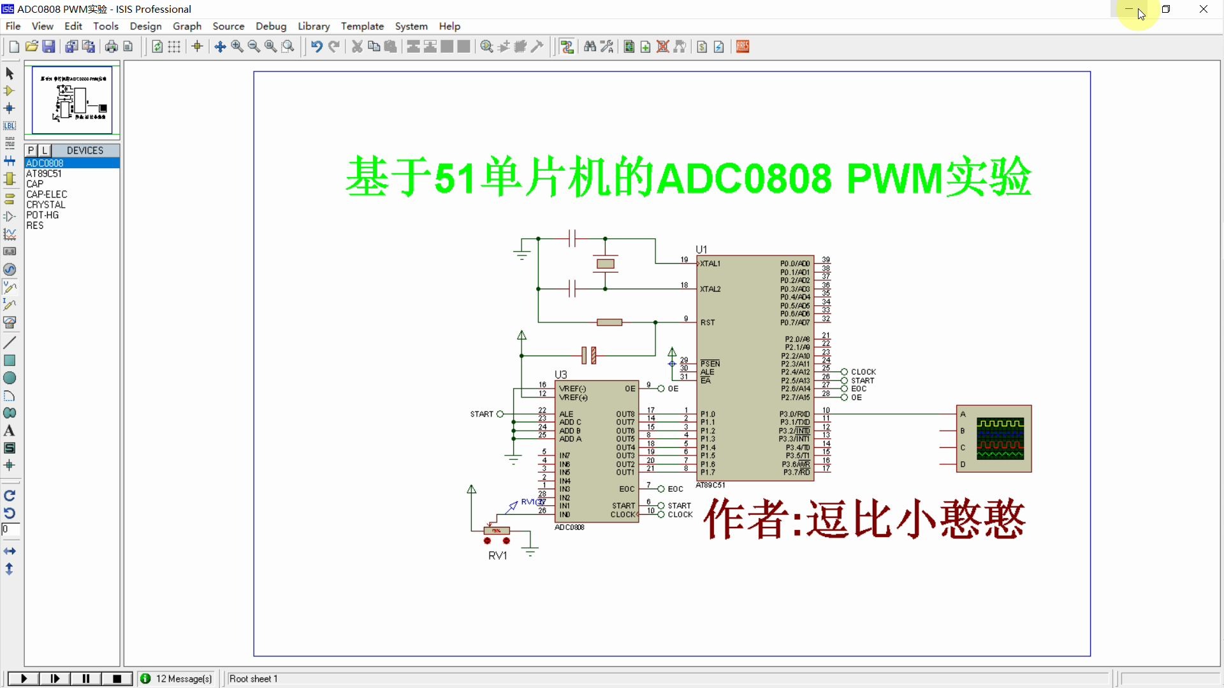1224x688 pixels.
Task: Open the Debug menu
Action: [271, 26]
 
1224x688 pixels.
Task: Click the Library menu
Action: [314, 26]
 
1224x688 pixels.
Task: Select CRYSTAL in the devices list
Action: [46, 204]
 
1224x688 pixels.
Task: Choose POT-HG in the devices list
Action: [43, 215]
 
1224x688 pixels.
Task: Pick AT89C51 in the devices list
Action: [44, 173]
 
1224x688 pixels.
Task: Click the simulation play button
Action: [24, 679]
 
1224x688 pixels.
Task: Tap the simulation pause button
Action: [86, 679]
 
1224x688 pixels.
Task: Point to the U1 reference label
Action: [701, 249]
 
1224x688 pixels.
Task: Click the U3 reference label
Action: [560, 375]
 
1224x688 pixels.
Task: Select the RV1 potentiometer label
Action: [498, 555]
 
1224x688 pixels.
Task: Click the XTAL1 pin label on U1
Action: [710, 264]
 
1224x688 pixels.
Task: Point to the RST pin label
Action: [708, 322]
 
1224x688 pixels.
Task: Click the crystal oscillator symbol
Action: [605, 264]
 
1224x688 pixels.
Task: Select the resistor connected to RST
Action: [609, 322]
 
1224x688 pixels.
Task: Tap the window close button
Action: [1204, 9]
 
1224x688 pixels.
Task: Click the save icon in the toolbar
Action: [48, 47]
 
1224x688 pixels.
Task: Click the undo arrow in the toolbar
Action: [316, 47]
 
